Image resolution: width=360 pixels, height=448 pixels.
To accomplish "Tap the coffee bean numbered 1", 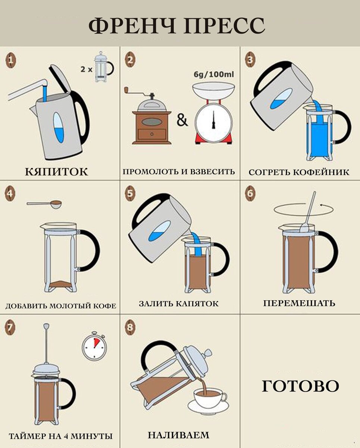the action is [10, 60].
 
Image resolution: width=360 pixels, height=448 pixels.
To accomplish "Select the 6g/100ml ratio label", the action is [214, 74].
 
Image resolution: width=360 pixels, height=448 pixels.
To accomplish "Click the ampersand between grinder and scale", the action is [182, 121].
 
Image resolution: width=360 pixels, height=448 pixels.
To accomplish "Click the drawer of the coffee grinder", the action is [152, 134].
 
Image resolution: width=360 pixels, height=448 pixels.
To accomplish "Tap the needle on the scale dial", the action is [213, 120].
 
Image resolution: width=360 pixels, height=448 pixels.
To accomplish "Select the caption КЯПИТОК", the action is [57, 172].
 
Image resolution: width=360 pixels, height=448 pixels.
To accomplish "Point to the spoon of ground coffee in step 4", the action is [44, 203].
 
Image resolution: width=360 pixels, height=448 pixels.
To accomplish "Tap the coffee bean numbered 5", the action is [130, 193].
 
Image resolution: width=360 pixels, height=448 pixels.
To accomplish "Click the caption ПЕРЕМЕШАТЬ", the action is [299, 303].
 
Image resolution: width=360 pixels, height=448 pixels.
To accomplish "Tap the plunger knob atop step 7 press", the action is [46, 326].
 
